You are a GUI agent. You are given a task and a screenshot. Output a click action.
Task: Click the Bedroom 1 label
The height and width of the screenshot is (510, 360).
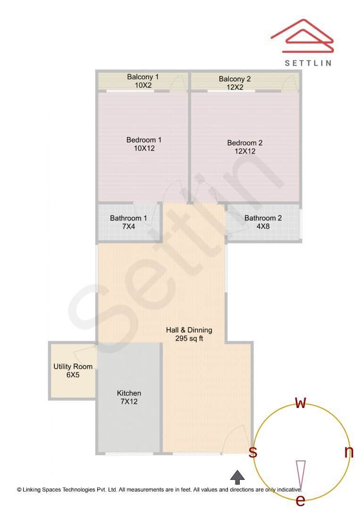pyautogui.click(x=144, y=140)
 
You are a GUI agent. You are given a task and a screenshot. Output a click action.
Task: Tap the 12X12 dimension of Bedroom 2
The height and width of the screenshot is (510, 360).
pyautogui.click(x=245, y=152)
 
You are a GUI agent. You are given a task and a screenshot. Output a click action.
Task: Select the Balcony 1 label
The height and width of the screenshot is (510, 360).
pyautogui.click(x=143, y=76)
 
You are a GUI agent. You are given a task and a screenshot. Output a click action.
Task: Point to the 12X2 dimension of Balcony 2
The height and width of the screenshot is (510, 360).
pyautogui.click(x=234, y=87)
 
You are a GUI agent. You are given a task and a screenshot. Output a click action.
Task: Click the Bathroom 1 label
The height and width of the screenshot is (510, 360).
pyautogui.click(x=128, y=218)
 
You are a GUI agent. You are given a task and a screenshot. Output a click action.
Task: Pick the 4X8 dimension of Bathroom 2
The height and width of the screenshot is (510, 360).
pyautogui.click(x=263, y=227)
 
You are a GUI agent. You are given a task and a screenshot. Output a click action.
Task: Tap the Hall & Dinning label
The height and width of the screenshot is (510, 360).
pyautogui.click(x=189, y=330)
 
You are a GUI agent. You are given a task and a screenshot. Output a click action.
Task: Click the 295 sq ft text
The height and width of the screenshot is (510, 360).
pyautogui.click(x=189, y=339)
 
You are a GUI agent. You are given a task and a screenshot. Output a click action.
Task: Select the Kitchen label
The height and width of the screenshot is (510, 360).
pyautogui.click(x=129, y=393)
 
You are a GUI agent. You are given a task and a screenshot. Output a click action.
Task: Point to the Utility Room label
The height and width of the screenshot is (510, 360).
pyautogui.click(x=73, y=366)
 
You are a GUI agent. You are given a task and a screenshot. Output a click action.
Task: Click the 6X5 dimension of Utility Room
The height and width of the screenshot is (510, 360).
pyautogui.click(x=73, y=375)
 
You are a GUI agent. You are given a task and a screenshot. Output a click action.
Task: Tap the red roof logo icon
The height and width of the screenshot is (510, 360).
pyautogui.click(x=302, y=36)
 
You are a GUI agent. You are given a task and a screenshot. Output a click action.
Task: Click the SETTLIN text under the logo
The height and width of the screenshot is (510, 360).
pyautogui.click(x=308, y=63)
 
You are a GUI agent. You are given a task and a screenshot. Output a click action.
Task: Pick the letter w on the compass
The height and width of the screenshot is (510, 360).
pyautogui.click(x=301, y=403)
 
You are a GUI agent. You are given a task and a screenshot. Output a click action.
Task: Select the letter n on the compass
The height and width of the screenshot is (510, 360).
pyautogui.click(x=349, y=452)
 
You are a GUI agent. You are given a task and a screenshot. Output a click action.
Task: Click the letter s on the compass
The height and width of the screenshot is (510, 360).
pyautogui.click(x=253, y=452)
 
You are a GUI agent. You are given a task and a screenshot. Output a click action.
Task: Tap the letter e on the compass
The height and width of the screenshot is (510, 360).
pyautogui.click(x=300, y=500)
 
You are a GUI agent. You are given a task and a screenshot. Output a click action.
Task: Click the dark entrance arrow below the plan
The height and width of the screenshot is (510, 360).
pyautogui.click(x=237, y=476)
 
